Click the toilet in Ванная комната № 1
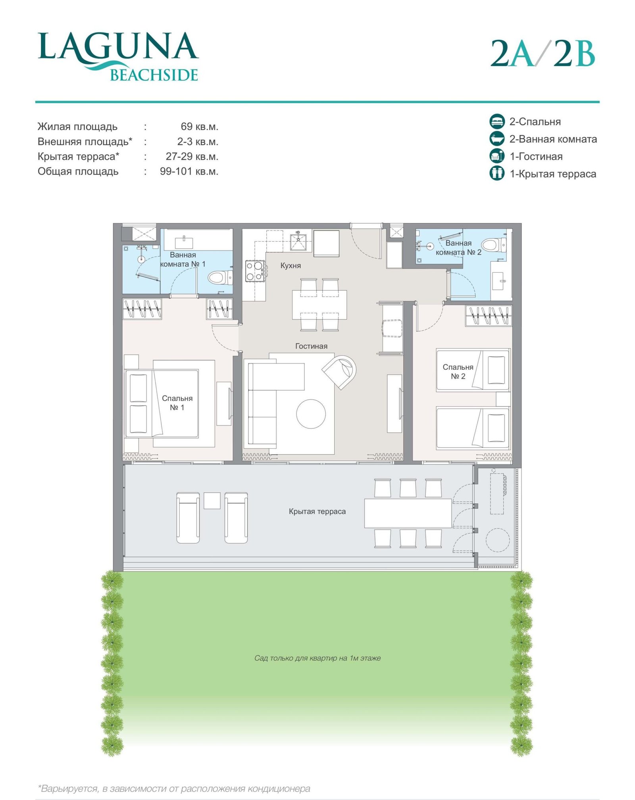(x=220, y=277)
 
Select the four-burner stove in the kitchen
(x=255, y=271)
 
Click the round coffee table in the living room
(x=311, y=414)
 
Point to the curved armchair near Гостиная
(x=339, y=372)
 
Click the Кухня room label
(x=291, y=265)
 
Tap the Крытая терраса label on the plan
(x=317, y=512)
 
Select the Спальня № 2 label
(x=458, y=372)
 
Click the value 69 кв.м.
(x=200, y=127)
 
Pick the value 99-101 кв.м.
(x=189, y=172)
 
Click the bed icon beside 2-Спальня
(x=497, y=121)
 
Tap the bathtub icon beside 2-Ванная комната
(x=497, y=139)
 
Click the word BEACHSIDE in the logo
(x=154, y=75)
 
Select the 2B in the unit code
(x=574, y=53)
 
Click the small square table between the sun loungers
(x=212, y=501)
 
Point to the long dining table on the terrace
(x=408, y=513)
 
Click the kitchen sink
(x=298, y=241)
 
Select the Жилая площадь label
(x=77, y=127)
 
